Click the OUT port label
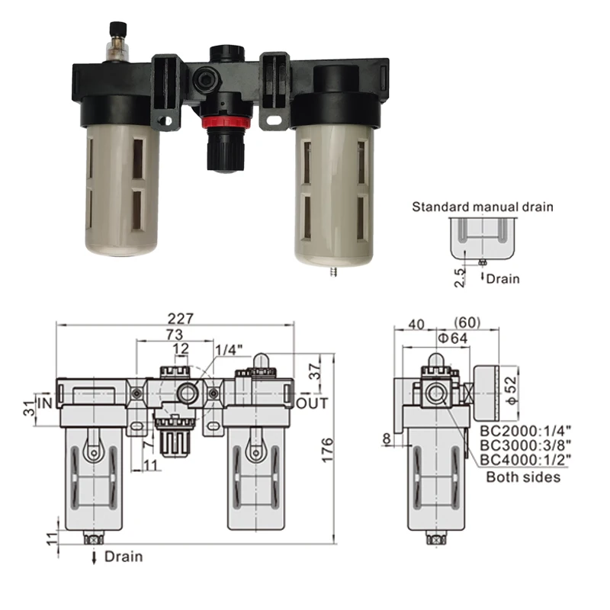click(311, 403)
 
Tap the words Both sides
click(524, 477)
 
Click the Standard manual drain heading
click(483, 206)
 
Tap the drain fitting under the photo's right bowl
click(333, 269)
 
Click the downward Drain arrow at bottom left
click(95, 557)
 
